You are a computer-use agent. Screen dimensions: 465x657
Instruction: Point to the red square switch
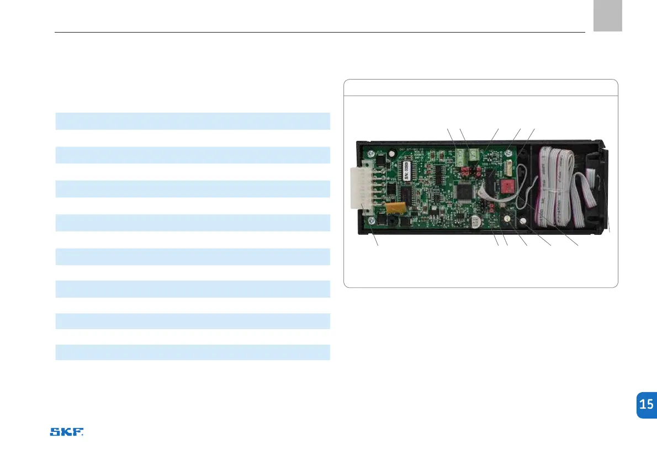coord(505,184)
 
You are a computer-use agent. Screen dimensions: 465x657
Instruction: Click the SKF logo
coord(67,432)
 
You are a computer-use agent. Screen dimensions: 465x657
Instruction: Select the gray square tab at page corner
coord(608,15)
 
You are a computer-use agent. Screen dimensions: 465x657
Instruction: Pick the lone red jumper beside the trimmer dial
coord(492,208)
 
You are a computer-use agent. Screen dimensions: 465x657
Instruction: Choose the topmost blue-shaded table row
coord(193,121)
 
